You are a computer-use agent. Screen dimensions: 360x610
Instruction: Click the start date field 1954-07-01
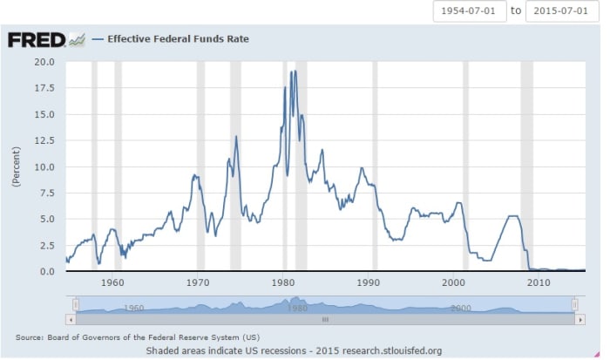point(469,11)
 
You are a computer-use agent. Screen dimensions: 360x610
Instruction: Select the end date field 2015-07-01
point(563,11)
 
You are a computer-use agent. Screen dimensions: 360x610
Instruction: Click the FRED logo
point(37,39)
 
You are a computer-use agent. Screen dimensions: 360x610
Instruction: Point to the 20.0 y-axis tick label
point(44,62)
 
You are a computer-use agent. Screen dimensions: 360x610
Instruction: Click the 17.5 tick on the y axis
point(44,88)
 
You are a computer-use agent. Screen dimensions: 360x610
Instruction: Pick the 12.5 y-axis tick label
point(44,140)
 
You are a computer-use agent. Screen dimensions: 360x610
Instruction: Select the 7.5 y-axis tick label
point(47,193)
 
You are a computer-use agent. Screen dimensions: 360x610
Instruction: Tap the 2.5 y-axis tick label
point(47,245)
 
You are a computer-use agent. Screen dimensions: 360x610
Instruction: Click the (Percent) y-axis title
point(15,166)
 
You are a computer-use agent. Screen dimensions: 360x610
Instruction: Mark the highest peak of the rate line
point(295,71)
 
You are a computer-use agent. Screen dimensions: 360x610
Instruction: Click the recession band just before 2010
point(526,166)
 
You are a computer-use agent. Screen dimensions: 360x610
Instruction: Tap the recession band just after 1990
point(375,166)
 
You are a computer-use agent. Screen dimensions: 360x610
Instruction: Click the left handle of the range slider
point(76,304)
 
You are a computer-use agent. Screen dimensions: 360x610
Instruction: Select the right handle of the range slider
point(575,304)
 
